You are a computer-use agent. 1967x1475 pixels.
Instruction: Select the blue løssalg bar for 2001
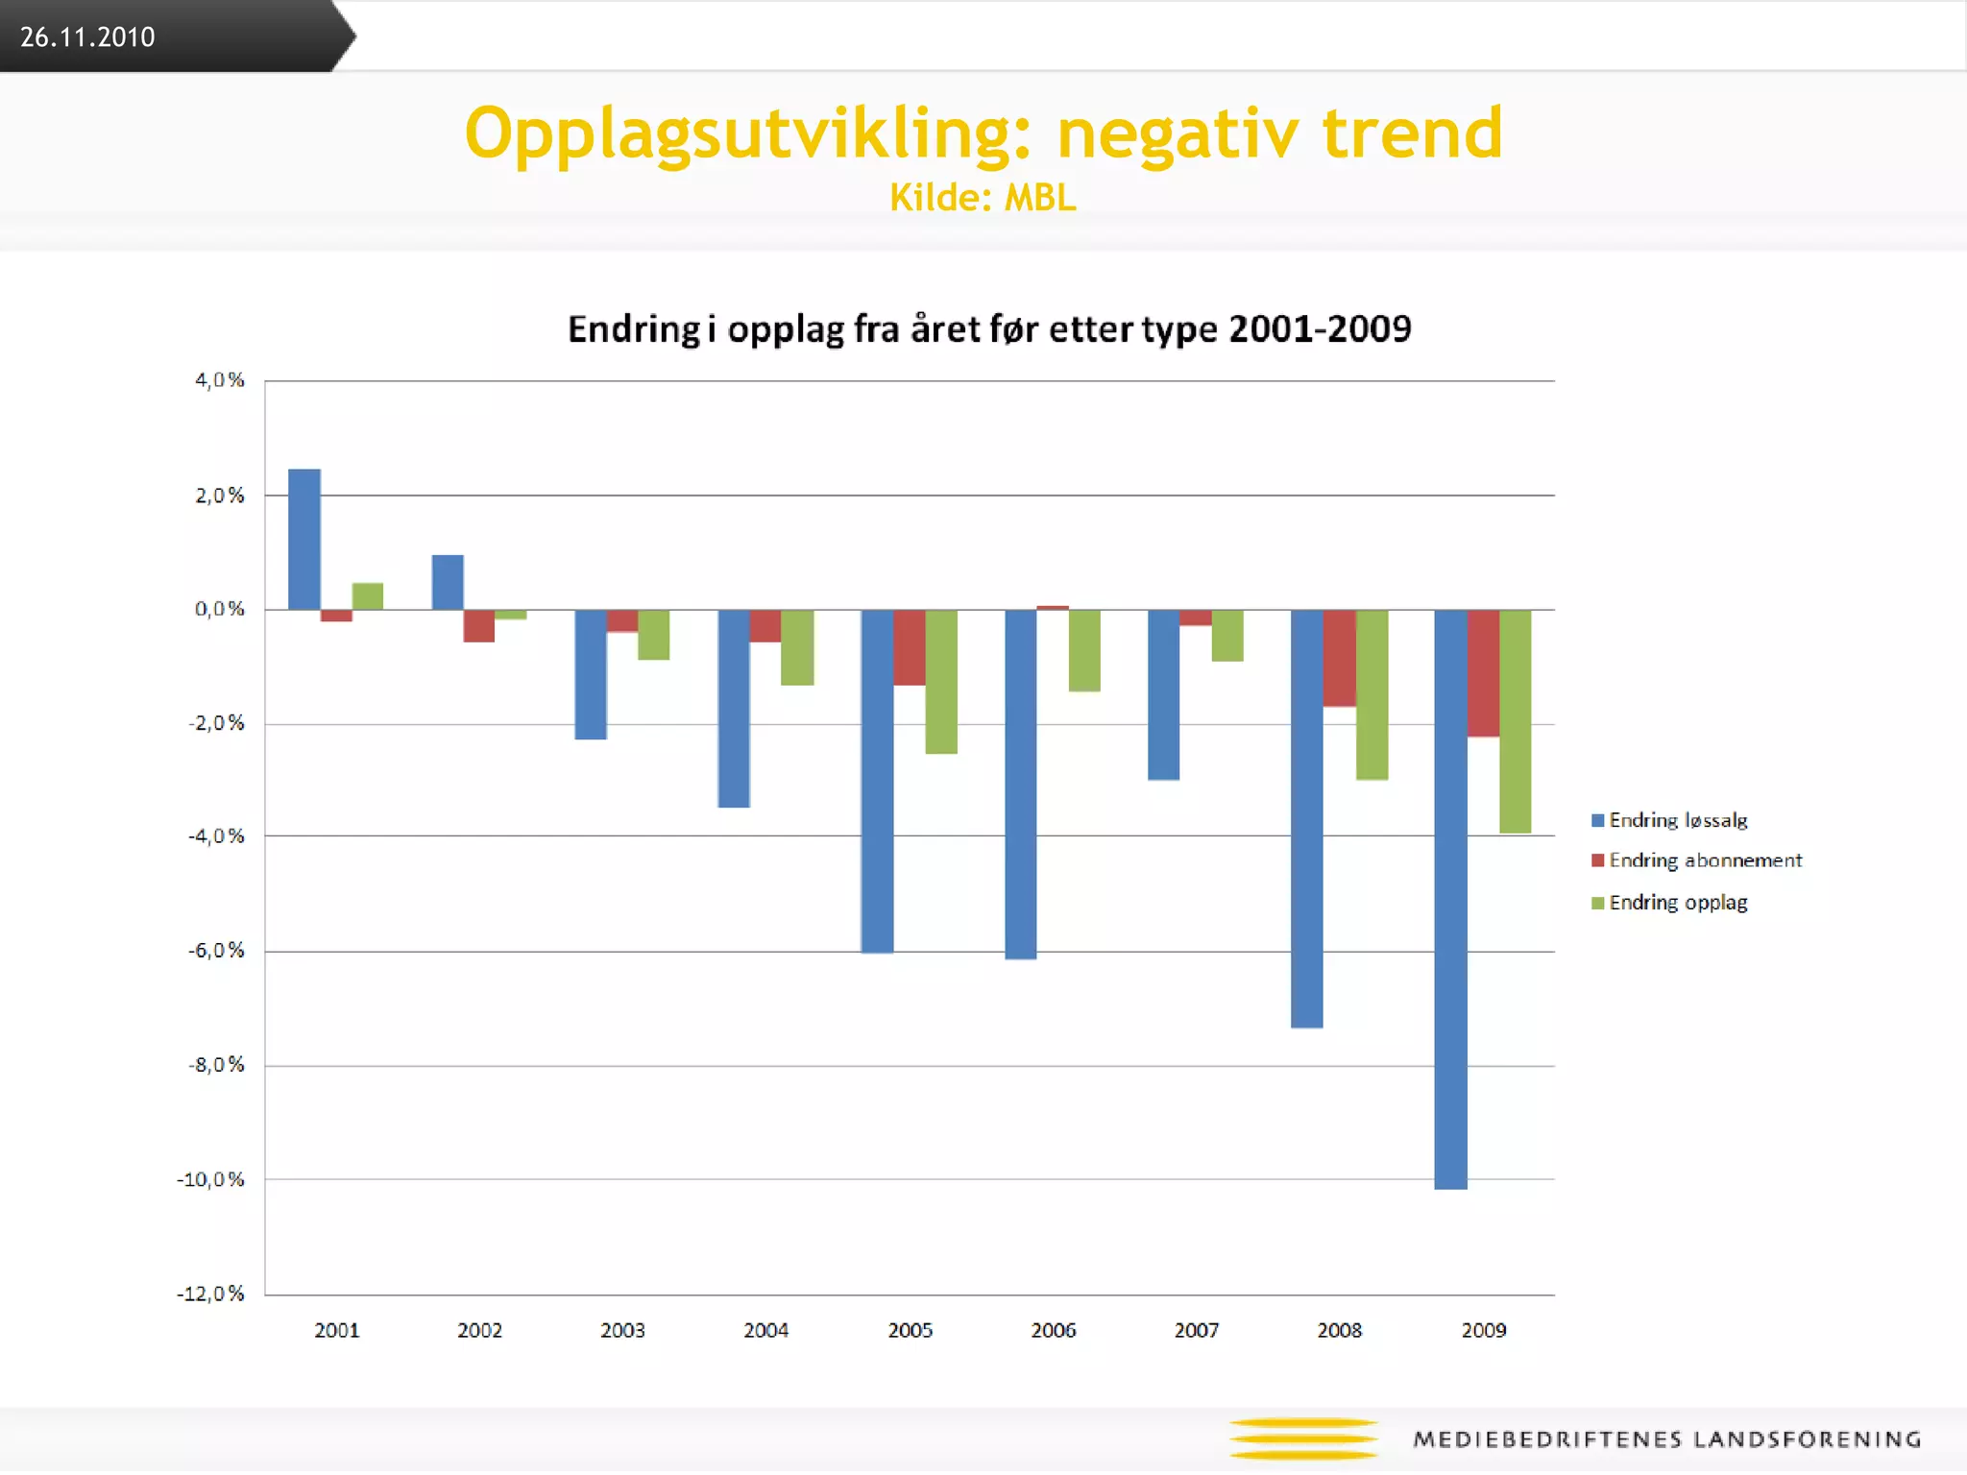(304, 539)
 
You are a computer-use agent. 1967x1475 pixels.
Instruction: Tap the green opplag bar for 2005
(941, 681)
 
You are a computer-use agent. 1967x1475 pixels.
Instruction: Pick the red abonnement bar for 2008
(1339, 658)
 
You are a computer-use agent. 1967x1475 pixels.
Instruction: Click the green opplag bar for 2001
(368, 596)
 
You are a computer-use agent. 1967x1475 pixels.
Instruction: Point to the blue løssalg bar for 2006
(1020, 784)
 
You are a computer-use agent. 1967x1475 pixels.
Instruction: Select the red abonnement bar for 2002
(478, 625)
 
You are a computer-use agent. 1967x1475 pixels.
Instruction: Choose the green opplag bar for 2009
(1515, 720)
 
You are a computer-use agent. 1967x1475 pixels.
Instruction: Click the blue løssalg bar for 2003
(591, 674)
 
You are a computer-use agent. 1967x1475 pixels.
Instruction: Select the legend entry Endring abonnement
(1696, 860)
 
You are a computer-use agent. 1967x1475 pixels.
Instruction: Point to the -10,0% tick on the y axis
(211, 1179)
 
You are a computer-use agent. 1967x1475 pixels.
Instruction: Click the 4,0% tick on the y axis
(220, 380)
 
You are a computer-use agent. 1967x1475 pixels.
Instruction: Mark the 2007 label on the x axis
(1196, 1330)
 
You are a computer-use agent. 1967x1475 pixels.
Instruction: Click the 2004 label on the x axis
(765, 1330)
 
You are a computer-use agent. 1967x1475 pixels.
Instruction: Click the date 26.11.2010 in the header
(87, 36)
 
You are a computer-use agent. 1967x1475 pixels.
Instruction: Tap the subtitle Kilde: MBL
(983, 198)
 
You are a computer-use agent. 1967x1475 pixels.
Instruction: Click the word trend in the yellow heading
(1412, 133)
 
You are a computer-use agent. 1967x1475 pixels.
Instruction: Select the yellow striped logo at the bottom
(1303, 1439)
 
